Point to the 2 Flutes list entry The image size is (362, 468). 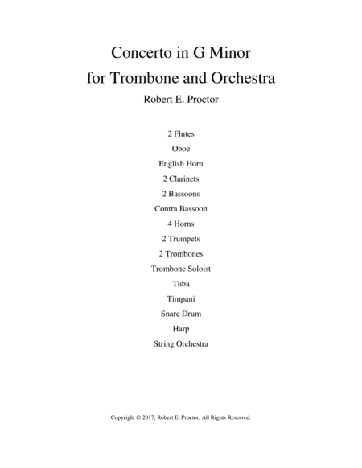(x=180, y=134)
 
